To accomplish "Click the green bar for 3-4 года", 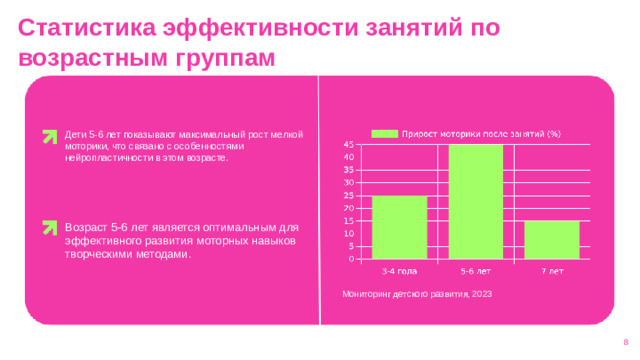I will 399,227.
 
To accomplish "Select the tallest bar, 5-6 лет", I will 475,201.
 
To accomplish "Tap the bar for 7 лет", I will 551,239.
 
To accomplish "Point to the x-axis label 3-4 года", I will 399,270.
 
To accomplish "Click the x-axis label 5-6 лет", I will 475,270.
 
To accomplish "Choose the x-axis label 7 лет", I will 552,270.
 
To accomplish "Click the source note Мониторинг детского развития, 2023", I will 416,294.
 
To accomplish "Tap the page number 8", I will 624,342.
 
